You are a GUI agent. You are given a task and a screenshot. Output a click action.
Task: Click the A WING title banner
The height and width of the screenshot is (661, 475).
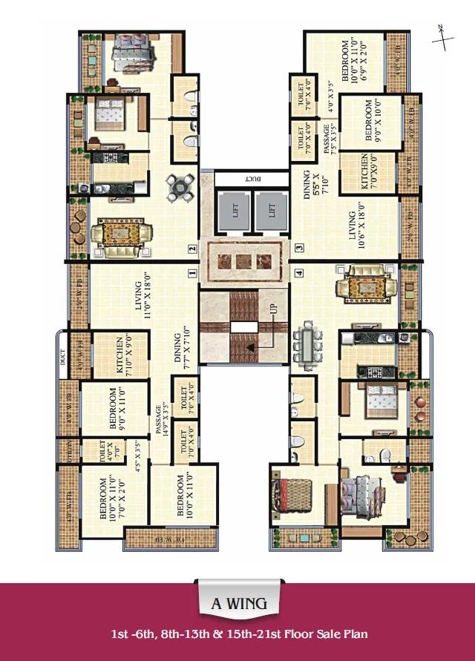[x=238, y=603]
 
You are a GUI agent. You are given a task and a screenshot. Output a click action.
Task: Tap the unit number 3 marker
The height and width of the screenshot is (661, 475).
[x=298, y=248]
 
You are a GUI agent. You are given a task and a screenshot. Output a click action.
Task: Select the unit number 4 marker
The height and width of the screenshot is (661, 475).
[x=298, y=272]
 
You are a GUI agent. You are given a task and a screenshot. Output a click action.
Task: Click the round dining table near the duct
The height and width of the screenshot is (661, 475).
[x=177, y=186]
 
